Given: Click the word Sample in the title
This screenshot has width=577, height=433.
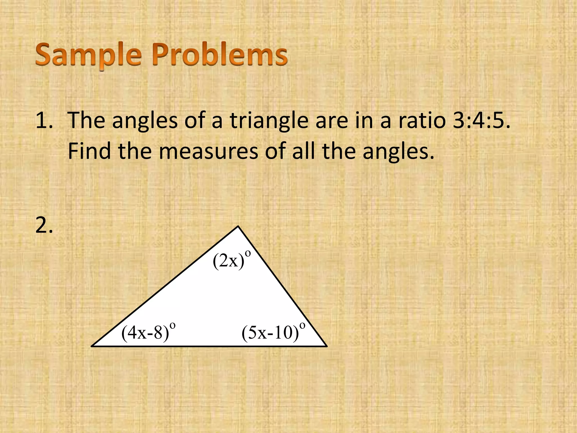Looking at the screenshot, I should click(x=88, y=55).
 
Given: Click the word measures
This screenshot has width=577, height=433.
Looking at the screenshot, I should click(x=208, y=151).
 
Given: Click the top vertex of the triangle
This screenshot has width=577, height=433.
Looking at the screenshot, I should click(x=238, y=226).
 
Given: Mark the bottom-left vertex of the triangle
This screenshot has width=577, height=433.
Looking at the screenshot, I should click(x=92, y=346).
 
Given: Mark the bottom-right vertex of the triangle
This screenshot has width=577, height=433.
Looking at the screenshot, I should click(x=327, y=346).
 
